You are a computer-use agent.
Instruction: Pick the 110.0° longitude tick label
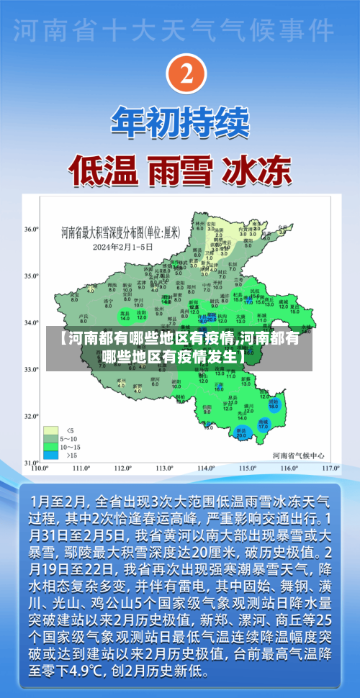coord(40,468)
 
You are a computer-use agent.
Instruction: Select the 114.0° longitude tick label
coord(207,468)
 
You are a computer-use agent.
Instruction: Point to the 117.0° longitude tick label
coord(330,468)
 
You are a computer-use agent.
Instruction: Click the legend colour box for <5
coord(51,411)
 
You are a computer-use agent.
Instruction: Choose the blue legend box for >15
coord(51,435)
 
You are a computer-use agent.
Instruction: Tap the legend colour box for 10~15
coord(51,427)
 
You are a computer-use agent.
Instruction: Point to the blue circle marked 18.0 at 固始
coord(274,405)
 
